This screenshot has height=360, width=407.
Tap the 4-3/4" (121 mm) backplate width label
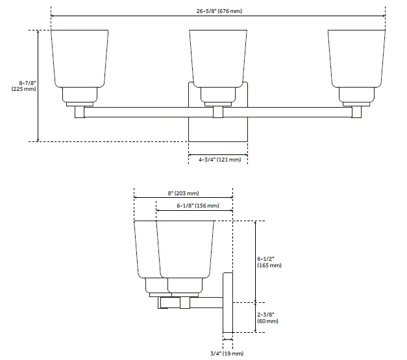219,159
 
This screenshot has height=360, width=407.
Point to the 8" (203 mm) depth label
183,193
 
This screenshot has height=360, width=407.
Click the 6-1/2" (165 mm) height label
269,261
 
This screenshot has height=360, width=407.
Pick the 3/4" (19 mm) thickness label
227,354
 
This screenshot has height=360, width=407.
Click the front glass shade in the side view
186,249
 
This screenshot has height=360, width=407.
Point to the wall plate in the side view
228,302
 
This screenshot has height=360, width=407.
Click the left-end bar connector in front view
80,112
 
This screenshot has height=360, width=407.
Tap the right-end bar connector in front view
357,112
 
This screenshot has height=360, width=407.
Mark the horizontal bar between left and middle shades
149,112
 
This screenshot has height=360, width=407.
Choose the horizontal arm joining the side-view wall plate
208,302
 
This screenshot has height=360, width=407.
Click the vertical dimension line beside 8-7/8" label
38,85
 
